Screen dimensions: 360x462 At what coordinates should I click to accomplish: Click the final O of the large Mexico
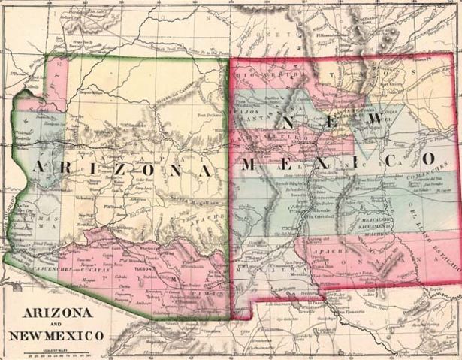click(429, 159)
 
